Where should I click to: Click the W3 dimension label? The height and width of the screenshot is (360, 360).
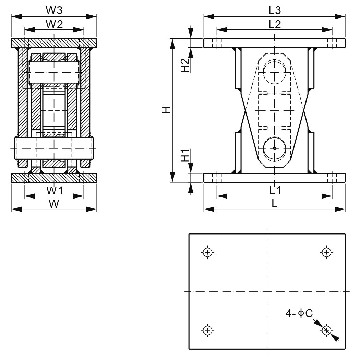click(x=54, y=10)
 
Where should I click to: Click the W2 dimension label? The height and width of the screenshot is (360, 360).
click(x=54, y=24)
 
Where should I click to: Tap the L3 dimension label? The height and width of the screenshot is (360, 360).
click(x=274, y=10)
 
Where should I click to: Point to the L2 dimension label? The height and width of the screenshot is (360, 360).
click(x=274, y=24)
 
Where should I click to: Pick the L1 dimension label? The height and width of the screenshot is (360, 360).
click(x=274, y=190)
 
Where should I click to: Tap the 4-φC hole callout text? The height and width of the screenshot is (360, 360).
click(x=299, y=313)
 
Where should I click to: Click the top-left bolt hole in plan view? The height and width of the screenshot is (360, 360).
click(x=207, y=252)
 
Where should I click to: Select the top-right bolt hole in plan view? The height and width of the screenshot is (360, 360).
click(x=326, y=252)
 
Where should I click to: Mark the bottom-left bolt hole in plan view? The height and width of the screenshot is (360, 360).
click(x=207, y=330)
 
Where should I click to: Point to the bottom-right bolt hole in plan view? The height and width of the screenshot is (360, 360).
click(x=326, y=330)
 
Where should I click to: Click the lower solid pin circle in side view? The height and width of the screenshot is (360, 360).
click(x=275, y=148)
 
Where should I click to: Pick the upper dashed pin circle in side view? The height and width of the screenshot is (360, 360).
click(x=275, y=72)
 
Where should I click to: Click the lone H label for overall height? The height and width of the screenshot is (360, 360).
click(x=166, y=110)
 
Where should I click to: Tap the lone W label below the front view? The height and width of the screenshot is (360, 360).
click(x=53, y=204)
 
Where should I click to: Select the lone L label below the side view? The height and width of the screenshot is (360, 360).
click(x=274, y=204)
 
